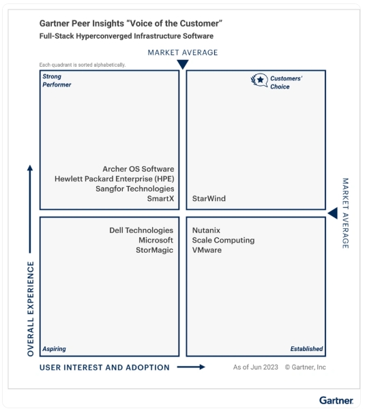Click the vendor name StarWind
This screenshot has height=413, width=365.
tap(209, 198)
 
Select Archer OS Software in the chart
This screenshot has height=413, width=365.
tap(138, 169)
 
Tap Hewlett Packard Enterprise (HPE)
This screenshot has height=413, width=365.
tap(115, 179)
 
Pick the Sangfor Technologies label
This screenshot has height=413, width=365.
tap(135, 189)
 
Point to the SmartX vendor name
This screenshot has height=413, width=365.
tap(160, 198)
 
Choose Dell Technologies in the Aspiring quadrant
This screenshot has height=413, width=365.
tap(141, 230)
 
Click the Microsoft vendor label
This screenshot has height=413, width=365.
tap(156, 240)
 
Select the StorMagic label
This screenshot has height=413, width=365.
tap(154, 250)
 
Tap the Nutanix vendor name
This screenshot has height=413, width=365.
tap(206, 230)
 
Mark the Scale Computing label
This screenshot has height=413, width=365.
tap(223, 240)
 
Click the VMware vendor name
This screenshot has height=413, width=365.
tap(207, 250)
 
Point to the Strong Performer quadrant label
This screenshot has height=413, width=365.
tap(57, 80)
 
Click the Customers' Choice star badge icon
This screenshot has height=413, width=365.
tap(259, 80)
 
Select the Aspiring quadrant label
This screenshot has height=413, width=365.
tap(54, 349)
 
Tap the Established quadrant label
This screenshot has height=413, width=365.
tap(306, 349)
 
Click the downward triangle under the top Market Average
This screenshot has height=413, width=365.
tap(183, 64)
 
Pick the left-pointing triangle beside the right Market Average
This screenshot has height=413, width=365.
tap(334, 213)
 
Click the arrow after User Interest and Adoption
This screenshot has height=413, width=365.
tap(191, 367)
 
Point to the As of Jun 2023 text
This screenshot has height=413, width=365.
tap(256, 367)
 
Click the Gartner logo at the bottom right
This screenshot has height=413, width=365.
tap(336, 400)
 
